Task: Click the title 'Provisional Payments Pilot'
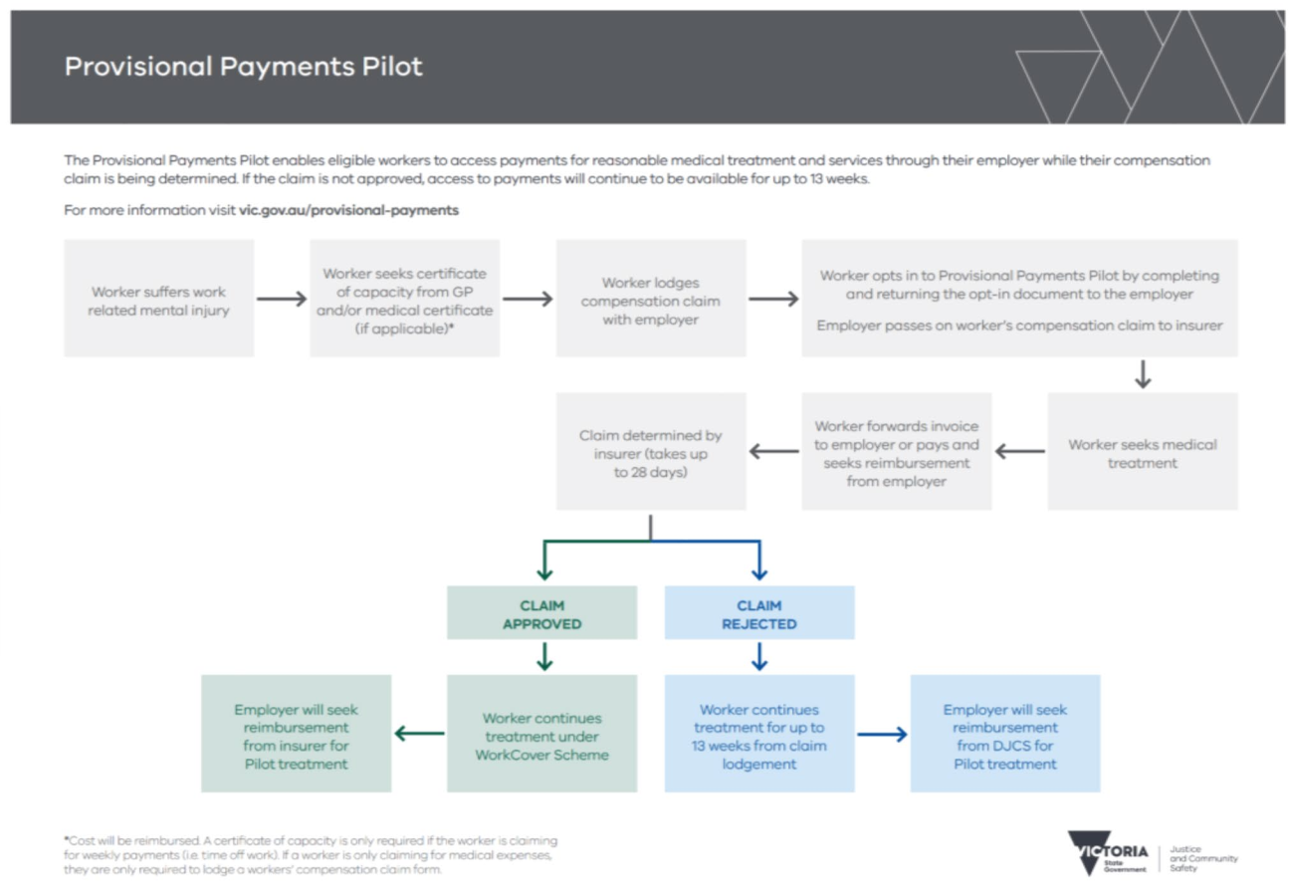244,67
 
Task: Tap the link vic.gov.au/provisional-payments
348,211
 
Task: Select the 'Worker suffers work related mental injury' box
158,299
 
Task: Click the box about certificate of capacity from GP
404,299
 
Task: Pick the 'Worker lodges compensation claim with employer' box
650,299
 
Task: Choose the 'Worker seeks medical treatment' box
1142,453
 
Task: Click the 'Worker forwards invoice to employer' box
896,453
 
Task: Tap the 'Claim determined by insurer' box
650,453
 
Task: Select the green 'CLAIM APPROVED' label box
541,614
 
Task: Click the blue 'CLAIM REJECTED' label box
759,614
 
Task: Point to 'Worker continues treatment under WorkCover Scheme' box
541,735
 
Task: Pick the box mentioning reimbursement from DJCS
1005,735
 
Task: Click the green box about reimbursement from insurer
296,735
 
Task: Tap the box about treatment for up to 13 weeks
759,735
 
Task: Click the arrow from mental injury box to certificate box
282,299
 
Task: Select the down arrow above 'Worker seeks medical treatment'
1142,374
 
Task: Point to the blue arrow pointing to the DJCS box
882,735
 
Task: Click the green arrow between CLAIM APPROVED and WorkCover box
543,657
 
